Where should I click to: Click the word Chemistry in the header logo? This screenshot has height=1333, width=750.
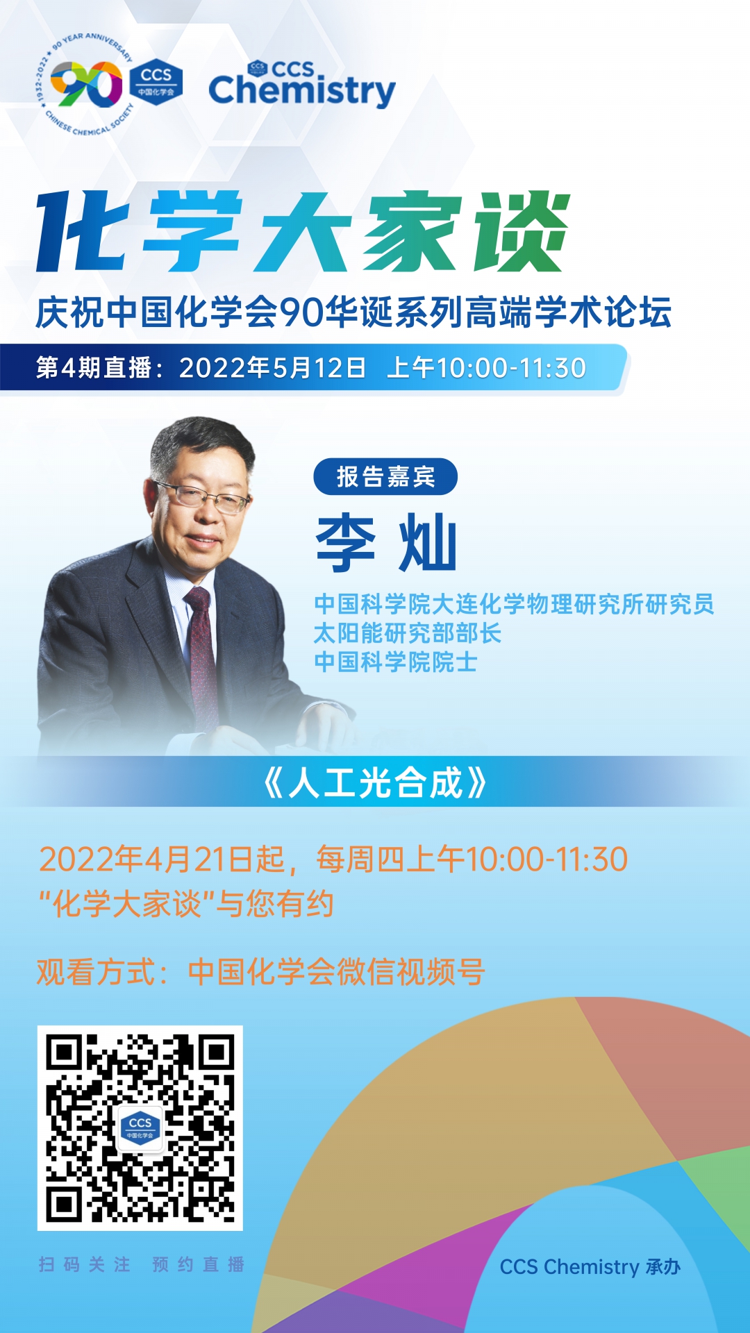click(302, 91)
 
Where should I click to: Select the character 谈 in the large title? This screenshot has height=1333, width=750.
click(521, 232)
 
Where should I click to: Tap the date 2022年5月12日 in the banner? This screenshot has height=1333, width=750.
click(272, 368)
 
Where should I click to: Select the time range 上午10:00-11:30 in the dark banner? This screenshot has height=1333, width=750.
click(486, 368)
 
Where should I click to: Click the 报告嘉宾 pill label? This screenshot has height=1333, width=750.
click(385, 477)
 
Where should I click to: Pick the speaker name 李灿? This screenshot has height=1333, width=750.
click(386, 542)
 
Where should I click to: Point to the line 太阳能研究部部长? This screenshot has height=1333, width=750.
click(408, 633)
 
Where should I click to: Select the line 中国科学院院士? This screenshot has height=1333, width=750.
click(396, 662)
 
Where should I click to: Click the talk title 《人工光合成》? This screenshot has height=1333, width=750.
click(375, 783)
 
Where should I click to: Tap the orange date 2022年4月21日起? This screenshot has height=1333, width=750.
click(162, 860)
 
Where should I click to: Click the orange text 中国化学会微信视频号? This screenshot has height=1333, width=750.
click(336, 972)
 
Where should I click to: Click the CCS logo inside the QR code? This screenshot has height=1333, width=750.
click(140, 1128)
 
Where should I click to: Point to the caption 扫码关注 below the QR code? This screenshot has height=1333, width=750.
click(85, 1264)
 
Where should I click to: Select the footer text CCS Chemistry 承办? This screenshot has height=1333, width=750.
click(590, 1267)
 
